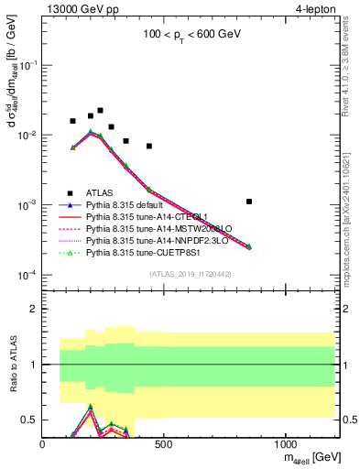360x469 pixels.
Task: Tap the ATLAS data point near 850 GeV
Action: pyautogui.click(x=249, y=202)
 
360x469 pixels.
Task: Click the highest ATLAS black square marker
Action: pyautogui.click(x=100, y=111)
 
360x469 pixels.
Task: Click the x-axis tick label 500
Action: pyautogui.click(x=164, y=445)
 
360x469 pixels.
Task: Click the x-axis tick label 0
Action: pyautogui.click(x=43, y=445)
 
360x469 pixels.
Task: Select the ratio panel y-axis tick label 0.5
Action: pyautogui.click(x=29, y=420)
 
